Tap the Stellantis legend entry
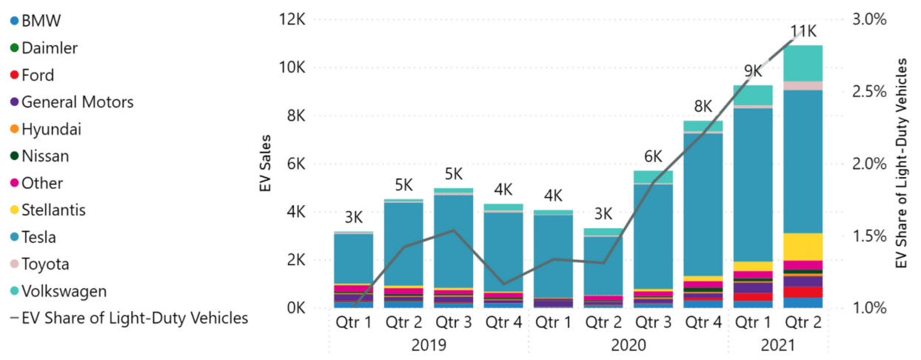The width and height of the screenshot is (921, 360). pyautogui.click(x=53, y=210)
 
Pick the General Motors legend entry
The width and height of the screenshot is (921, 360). pyautogui.click(x=77, y=102)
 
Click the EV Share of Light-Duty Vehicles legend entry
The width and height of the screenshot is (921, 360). pyautogui.click(x=134, y=319)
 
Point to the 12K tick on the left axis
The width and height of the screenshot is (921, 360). pyautogui.click(x=290, y=20)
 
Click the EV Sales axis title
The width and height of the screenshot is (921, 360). pyautogui.click(x=265, y=164)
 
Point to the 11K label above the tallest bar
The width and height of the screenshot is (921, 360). pyautogui.click(x=803, y=31)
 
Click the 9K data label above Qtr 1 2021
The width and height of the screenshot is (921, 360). pyautogui.click(x=753, y=71)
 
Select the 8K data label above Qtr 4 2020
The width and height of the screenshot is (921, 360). pyautogui.click(x=703, y=106)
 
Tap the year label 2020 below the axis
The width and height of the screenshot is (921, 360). pyautogui.click(x=628, y=345)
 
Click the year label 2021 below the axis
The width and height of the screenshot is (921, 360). pyautogui.click(x=777, y=345)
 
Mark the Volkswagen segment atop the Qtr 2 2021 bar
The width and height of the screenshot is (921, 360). pyautogui.click(x=803, y=63)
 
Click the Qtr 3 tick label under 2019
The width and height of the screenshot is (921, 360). pyautogui.click(x=453, y=324)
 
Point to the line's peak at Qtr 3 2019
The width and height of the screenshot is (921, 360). pyautogui.click(x=454, y=230)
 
